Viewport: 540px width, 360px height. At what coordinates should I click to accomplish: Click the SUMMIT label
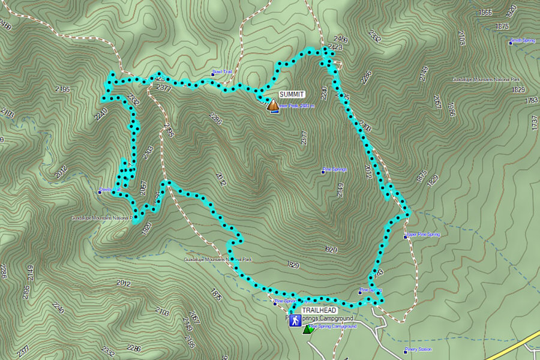click(x=292, y=94)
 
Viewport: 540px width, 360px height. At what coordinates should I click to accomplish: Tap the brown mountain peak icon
click(x=273, y=106)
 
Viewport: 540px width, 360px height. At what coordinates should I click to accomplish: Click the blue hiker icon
click(x=295, y=321)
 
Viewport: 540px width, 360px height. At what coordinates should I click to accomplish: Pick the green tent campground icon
click(x=308, y=329)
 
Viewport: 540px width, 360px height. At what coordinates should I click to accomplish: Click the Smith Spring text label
click(x=524, y=41)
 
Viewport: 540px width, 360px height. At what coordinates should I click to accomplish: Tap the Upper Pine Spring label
click(x=424, y=234)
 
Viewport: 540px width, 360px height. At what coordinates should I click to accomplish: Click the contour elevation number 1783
click(x=531, y=100)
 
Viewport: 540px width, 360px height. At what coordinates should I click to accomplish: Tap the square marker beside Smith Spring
click(x=511, y=41)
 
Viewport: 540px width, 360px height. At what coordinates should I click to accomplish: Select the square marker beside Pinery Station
click(x=405, y=350)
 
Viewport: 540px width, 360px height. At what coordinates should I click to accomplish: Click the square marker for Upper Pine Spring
click(x=406, y=234)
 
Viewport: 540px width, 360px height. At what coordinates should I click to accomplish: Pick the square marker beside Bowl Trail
click(x=213, y=73)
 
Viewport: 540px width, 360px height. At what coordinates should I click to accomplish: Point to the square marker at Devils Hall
click(x=100, y=193)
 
